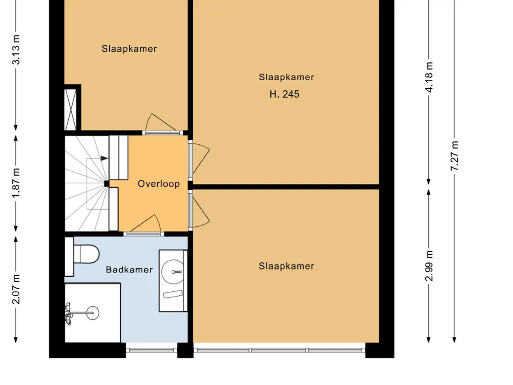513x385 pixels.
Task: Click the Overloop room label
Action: pyautogui.click(x=159, y=183)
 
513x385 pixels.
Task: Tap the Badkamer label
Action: pyautogui.click(x=129, y=269)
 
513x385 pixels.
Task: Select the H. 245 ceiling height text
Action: pyautogui.click(x=285, y=94)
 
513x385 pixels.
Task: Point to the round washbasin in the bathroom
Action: pyautogui.click(x=173, y=272)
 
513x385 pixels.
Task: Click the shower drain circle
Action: pyautogui.click(x=92, y=313)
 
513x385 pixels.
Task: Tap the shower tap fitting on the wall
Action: pyautogui.click(x=68, y=314)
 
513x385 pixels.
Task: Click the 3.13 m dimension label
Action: pyautogui.click(x=17, y=50)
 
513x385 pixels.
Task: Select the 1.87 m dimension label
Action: pyautogui.click(x=17, y=183)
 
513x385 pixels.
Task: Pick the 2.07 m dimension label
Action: pyautogui.click(x=17, y=289)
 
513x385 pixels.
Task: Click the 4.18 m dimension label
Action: pyautogui.click(x=429, y=77)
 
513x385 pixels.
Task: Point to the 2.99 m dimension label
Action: pyautogui.click(x=429, y=266)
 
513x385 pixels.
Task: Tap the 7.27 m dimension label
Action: pyautogui.click(x=455, y=156)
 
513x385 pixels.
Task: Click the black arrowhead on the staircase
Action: pyautogui.click(x=104, y=158)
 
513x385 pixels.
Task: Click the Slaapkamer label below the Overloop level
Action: pyautogui.click(x=286, y=266)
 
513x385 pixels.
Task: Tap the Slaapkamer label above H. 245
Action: pyautogui.click(x=286, y=77)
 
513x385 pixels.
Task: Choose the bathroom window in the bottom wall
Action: pyautogui.click(x=152, y=350)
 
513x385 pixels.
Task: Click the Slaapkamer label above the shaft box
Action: pyautogui.click(x=129, y=49)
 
